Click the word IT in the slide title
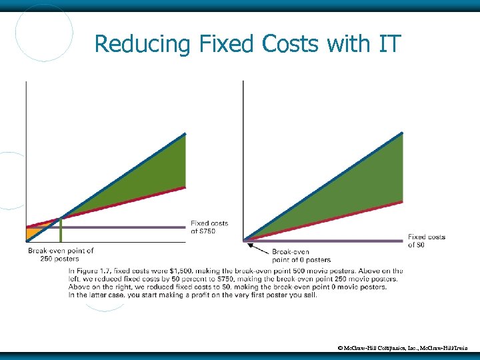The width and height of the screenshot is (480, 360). point(389,44)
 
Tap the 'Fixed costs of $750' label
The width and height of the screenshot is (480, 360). point(209,227)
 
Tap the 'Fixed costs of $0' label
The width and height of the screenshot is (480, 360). point(426,241)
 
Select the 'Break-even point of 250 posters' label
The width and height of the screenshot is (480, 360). point(61,255)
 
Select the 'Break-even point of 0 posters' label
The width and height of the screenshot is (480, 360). point(301,256)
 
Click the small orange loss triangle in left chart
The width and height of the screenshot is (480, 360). point(35,233)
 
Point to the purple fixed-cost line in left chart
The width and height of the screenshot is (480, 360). point(133,227)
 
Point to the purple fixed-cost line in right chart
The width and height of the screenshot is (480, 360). point(333,240)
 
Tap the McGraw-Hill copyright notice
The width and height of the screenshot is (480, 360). point(403,348)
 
